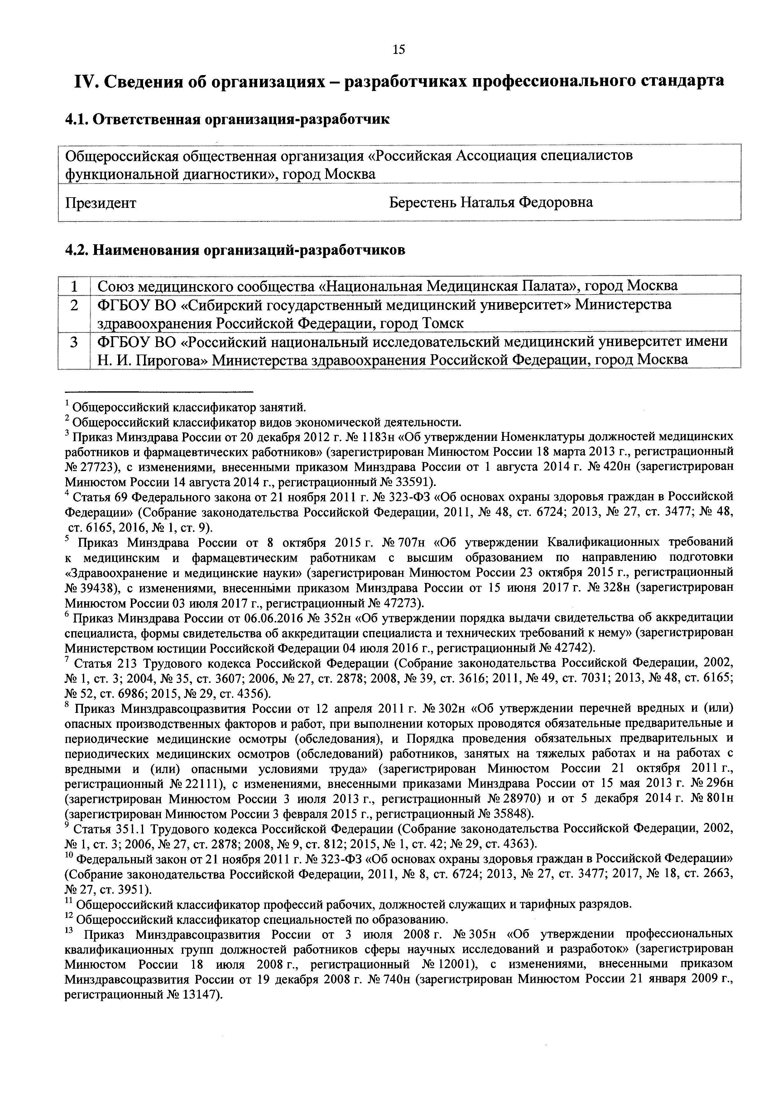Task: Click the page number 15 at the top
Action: coord(399,50)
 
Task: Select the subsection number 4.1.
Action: coord(76,119)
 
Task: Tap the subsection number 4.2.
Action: coord(76,250)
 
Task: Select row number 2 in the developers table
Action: coord(74,305)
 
